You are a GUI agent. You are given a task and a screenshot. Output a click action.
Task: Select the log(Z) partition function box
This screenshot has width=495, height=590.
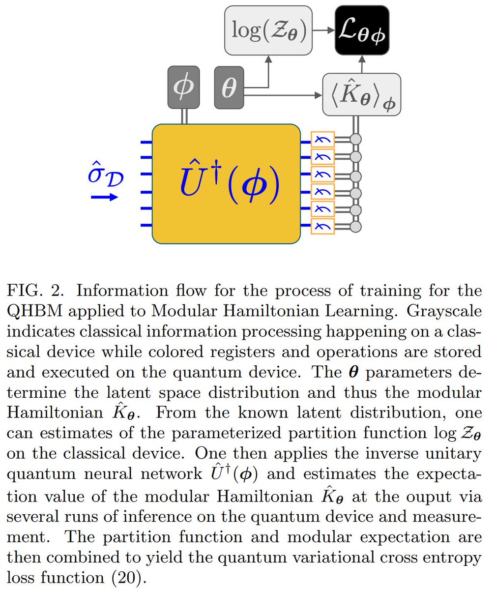(268, 30)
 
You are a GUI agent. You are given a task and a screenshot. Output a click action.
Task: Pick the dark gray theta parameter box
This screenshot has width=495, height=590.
(229, 88)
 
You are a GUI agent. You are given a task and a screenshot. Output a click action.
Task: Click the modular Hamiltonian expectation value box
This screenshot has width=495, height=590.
(362, 95)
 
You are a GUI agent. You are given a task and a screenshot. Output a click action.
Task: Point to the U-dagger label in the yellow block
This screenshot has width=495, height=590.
(226, 183)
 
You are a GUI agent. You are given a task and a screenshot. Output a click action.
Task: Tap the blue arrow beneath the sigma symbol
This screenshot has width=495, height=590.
(104, 198)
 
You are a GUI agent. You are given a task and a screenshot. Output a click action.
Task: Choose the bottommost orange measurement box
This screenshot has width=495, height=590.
(322, 226)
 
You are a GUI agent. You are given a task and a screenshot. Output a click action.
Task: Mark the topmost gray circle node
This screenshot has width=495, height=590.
(356, 141)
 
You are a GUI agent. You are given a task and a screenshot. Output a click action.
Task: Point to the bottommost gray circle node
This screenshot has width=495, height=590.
(356, 226)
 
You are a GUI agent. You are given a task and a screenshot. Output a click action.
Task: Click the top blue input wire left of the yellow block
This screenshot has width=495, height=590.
(146, 142)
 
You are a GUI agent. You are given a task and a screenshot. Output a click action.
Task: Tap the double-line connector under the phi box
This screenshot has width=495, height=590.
(185, 116)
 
